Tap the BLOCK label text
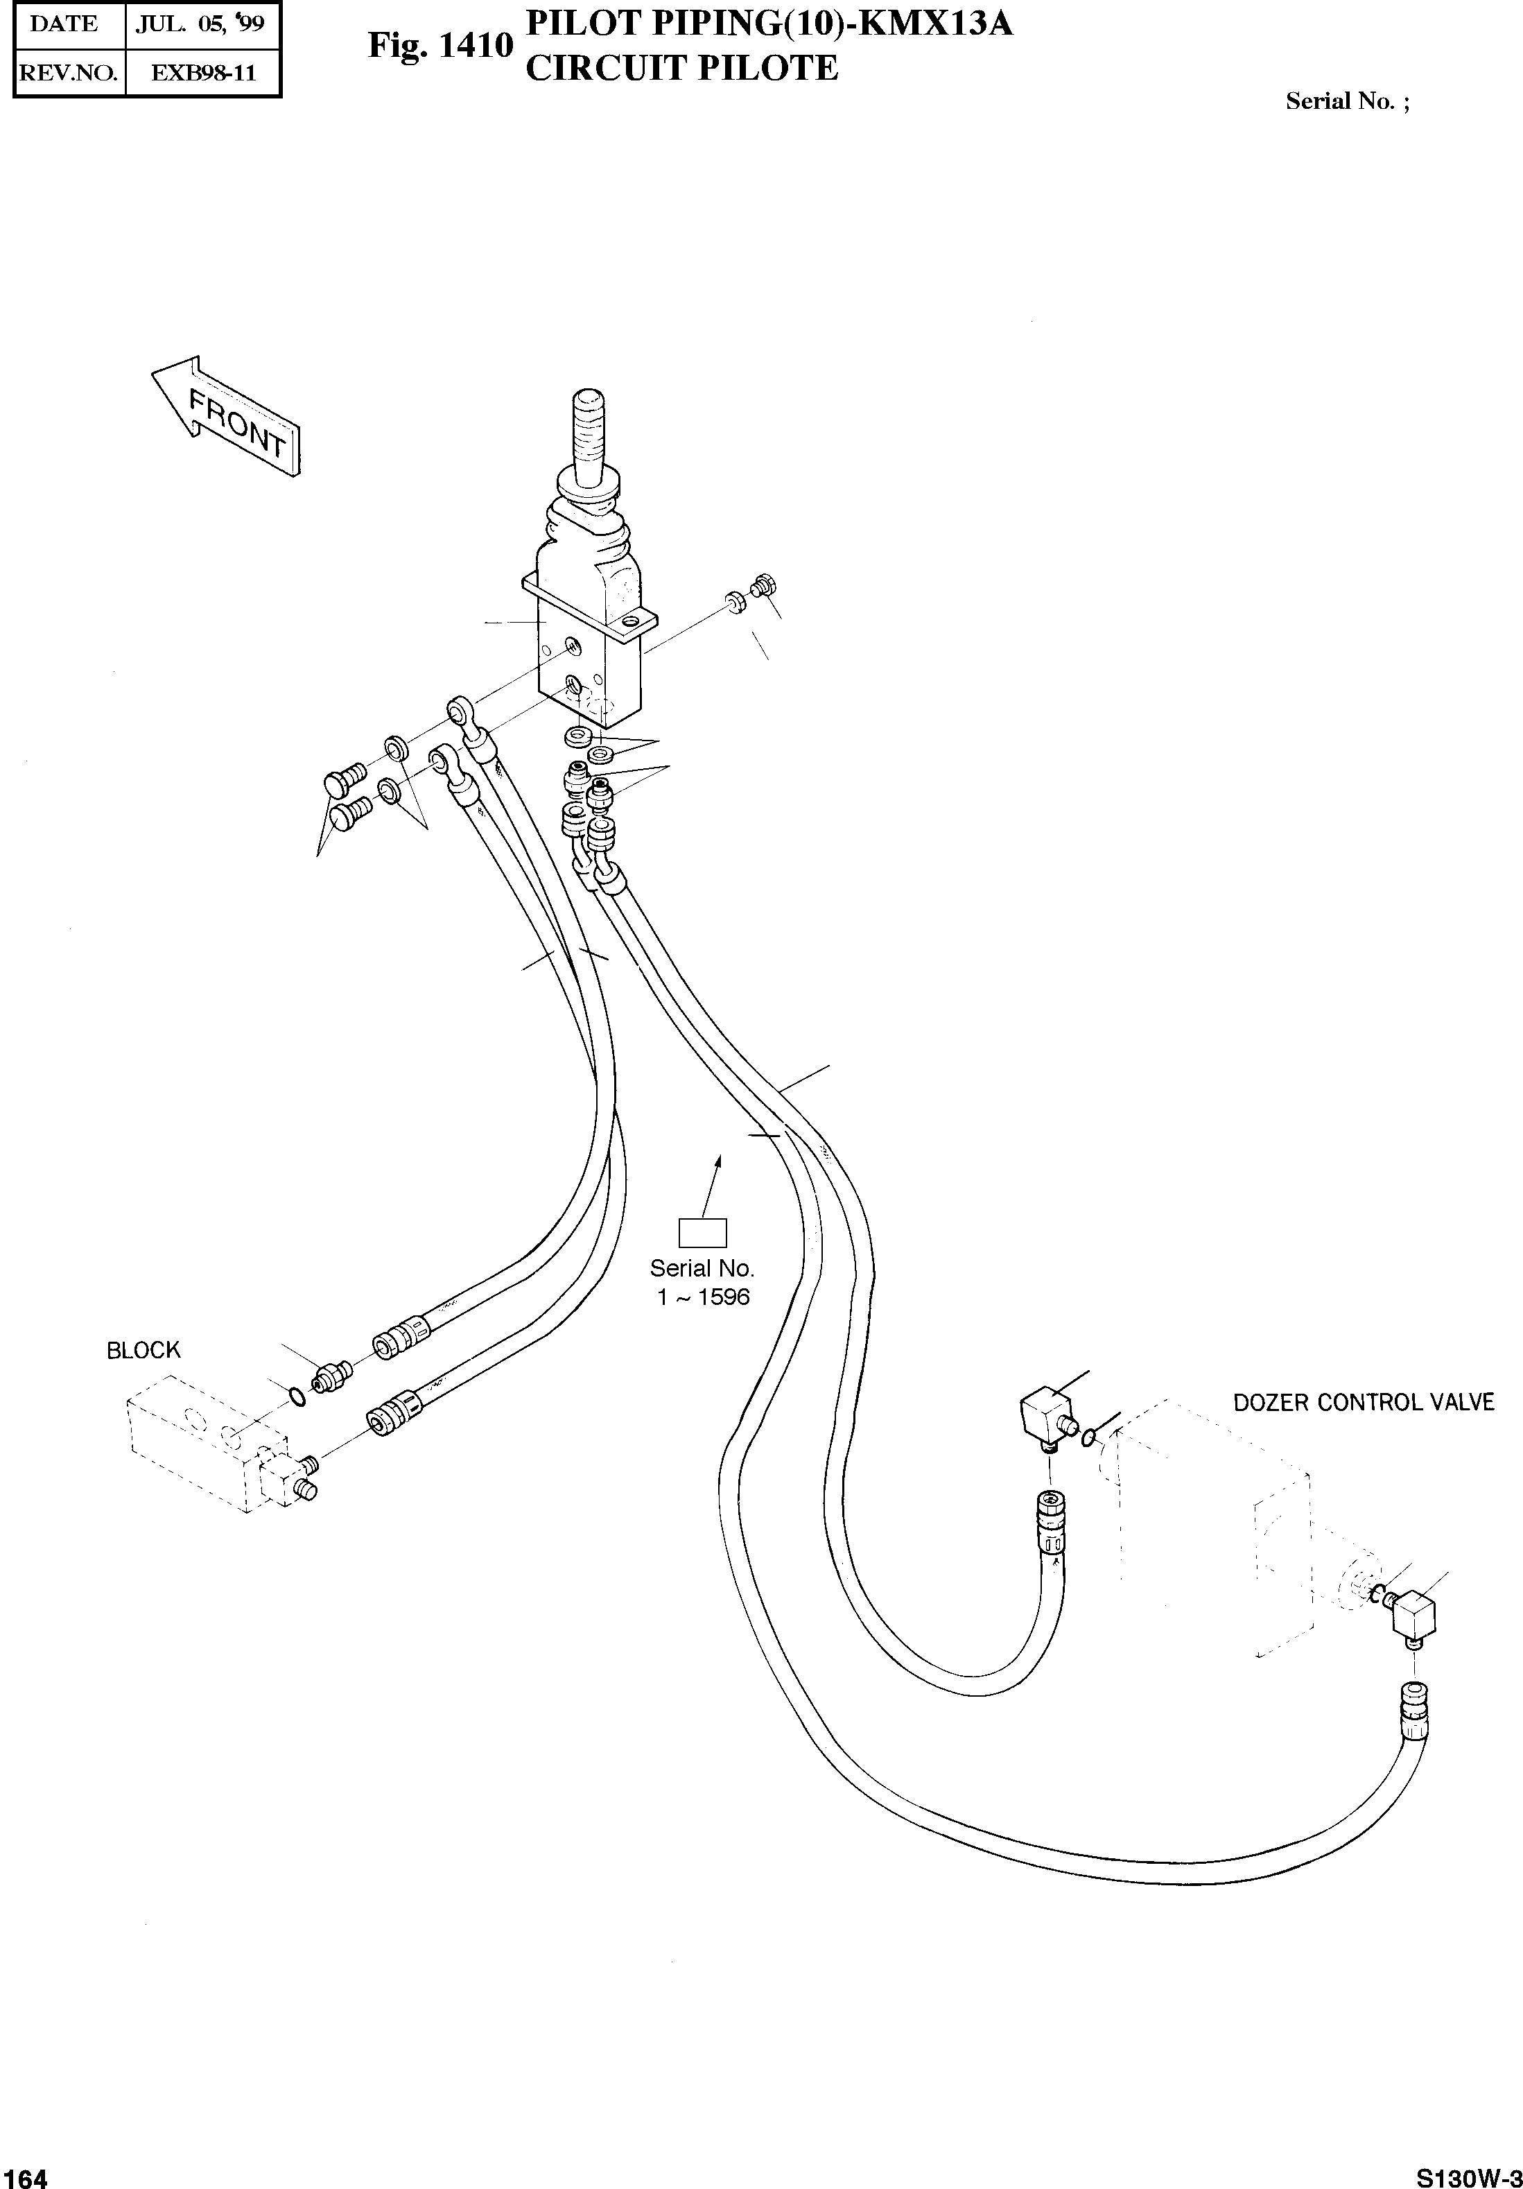[143, 1350]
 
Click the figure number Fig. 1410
[440, 46]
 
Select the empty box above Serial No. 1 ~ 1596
[702, 1233]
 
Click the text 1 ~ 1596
[704, 1297]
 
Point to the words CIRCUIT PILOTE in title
[681, 69]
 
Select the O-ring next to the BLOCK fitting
[297, 1396]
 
